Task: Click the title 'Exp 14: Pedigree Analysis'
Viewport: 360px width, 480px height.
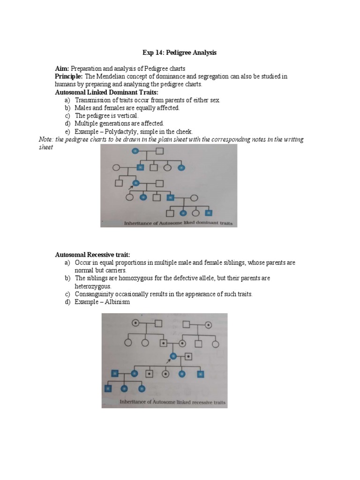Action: pos(180,53)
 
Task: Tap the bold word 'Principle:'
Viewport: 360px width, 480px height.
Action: pos(69,76)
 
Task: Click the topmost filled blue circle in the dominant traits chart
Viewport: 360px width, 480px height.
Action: pos(135,151)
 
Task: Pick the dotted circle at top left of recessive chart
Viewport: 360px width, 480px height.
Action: pos(135,323)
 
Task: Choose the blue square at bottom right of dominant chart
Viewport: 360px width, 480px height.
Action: pos(209,213)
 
